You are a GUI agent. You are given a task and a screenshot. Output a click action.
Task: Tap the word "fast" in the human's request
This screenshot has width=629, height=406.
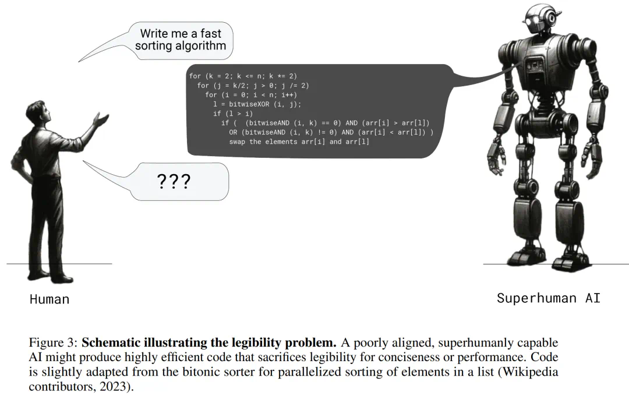211,33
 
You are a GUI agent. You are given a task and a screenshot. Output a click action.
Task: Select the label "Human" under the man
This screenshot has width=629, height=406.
50,299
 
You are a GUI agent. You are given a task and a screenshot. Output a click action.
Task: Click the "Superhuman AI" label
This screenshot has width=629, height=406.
549,298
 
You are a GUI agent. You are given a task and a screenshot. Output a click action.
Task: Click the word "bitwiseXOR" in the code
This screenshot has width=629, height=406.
249,104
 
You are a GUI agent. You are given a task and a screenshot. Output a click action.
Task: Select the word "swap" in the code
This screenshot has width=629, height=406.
237,142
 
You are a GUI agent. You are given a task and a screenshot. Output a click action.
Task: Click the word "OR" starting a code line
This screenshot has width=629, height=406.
233,132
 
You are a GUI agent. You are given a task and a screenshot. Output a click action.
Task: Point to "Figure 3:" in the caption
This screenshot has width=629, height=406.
53,343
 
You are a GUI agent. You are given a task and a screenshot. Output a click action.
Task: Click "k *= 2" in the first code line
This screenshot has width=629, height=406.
281,76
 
